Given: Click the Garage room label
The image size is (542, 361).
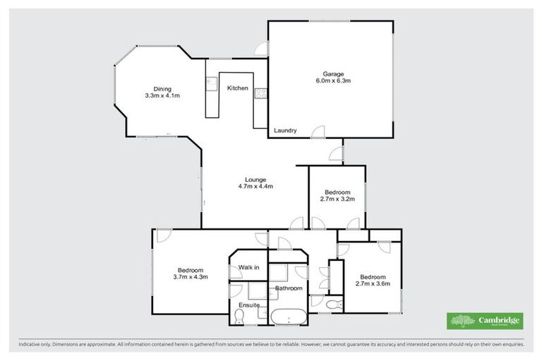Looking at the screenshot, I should [333, 74].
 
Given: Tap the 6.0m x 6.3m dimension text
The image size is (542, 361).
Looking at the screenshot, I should [333, 81].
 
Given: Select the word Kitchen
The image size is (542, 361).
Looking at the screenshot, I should [237, 88].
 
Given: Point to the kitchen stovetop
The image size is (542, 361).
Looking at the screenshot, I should [261, 92].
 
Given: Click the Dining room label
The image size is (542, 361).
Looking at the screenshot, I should [163, 88].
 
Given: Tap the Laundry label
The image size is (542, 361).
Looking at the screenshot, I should [285, 130].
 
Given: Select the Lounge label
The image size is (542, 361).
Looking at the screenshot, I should [255, 179].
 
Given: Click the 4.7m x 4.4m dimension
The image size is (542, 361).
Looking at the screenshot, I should [255, 187].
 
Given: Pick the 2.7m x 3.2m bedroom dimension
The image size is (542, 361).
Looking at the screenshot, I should [337, 200].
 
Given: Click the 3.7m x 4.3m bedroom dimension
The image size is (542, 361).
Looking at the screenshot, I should [190, 278].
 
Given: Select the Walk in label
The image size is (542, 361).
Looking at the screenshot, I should [248, 267].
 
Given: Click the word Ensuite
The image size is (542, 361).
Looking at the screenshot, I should [248, 305].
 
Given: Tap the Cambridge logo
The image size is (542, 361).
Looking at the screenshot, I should [485, 321].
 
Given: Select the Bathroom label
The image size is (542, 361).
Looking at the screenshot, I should [289, 288].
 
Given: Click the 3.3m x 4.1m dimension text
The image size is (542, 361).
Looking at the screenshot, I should [163, 95].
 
